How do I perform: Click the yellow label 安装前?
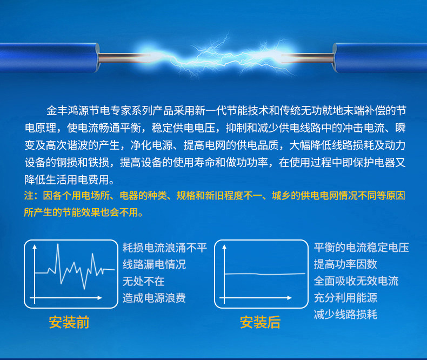click(x=69, y=322)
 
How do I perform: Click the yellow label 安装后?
click(x=261, y=322)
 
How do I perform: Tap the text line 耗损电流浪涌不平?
click(x=165, y=248)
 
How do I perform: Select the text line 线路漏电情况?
click(x=154, y=264)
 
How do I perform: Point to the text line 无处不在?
click(x=144, y=281)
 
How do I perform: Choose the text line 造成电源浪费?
click(x=154, y=298)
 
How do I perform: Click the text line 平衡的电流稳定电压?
click(x=362, y=248)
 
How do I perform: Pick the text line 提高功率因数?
click(x=345, y=264)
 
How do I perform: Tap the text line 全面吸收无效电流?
click(x=356, y=281)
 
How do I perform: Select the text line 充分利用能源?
click(x=345, y=298)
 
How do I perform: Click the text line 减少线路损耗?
click(x=345, y=315)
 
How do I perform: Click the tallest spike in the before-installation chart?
click(x=58, y=244)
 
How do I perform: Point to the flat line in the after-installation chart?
click(x=265, y=274)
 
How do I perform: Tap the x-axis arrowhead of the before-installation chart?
click(x=99, y=298)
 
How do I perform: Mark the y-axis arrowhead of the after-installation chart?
click(x=224, y=246)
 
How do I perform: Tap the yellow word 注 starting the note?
click(x=29, y=196)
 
